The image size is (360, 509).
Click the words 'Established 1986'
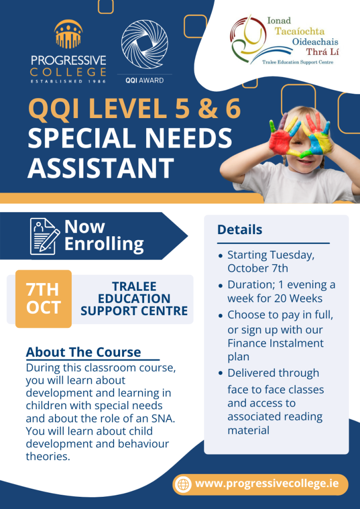tap(69, 81)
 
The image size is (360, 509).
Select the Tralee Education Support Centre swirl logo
tap(247, 39)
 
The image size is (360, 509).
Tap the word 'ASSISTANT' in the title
tap(100, 168)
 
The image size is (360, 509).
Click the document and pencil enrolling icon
tap(45, 236)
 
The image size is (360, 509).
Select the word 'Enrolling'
tap(104, 244)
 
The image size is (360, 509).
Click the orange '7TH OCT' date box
tap(43, 299)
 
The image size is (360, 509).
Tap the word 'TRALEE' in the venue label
tap(134, 287)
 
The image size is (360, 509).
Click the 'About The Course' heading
tap(84, 352)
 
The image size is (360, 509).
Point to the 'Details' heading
tap(239, 230)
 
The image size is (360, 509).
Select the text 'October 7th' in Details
tap(258, 268)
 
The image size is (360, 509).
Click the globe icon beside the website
tap(183, 484)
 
